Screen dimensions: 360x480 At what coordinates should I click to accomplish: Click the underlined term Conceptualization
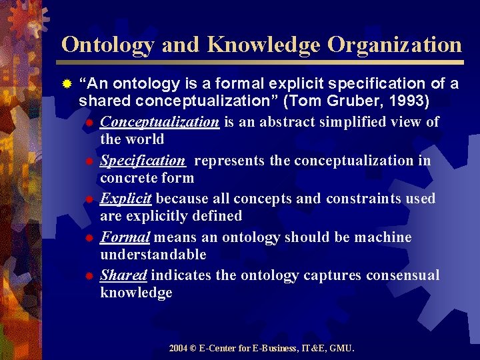[159, 121]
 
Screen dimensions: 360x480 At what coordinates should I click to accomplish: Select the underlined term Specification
[142, 160]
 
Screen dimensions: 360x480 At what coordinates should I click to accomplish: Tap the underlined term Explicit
[126, 199]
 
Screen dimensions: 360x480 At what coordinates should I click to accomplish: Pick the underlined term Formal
[124, 237]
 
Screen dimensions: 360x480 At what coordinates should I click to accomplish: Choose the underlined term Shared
[123, 275]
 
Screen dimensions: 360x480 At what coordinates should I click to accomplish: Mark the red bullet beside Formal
[89, 238]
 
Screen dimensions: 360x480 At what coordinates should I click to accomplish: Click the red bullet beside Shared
[89, 276]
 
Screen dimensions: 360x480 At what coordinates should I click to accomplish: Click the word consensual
[403, 275]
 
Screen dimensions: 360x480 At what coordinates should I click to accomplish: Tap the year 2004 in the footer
[179, 348]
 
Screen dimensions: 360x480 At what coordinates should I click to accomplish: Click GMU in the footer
[342, 348]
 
